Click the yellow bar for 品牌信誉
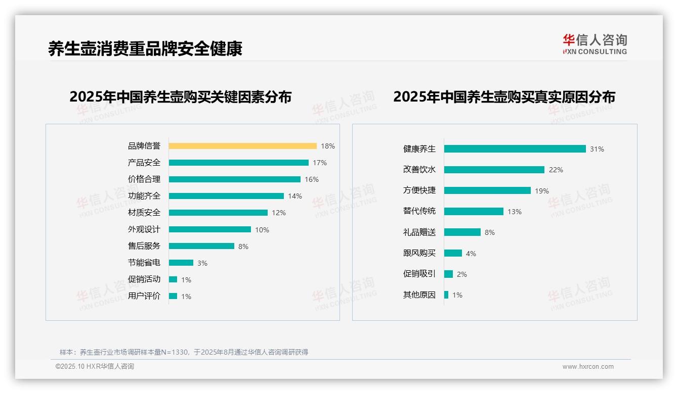242,146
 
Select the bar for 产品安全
238,163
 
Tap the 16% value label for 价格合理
312,179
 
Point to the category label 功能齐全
144,196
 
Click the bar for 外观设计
209,229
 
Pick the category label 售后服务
144,246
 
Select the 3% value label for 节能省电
202,263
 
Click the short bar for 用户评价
173,296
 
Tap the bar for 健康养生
515,149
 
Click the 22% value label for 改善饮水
556,170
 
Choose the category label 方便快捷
419,190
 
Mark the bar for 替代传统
474,212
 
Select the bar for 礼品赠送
462,232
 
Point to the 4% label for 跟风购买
471,254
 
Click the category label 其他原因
419,295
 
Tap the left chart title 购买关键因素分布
180,97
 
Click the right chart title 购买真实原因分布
504,97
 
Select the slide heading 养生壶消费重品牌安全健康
145,48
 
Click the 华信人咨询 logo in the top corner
595,44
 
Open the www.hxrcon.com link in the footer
587,367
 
